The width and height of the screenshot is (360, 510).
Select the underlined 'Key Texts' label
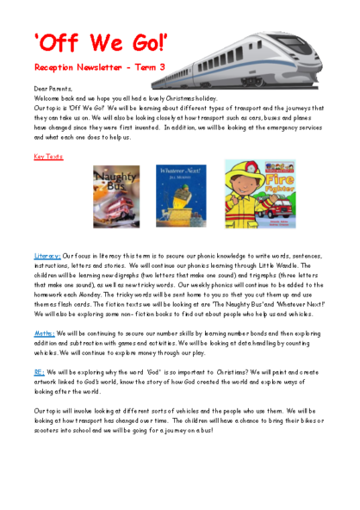point(48,157)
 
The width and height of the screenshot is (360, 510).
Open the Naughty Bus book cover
point(116,197)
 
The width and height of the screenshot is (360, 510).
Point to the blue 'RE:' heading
point(40,373)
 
